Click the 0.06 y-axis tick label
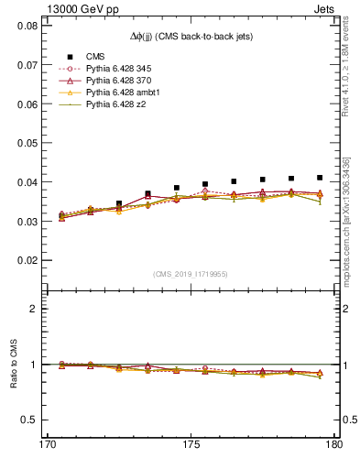[x=27, y=104]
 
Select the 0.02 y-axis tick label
[x=27, y=260]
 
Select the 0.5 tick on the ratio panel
[x=30, y=420]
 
